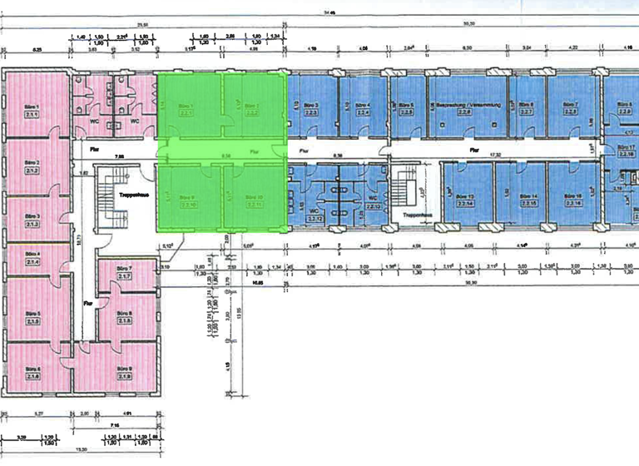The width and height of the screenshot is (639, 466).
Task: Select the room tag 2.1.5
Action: point(33,321)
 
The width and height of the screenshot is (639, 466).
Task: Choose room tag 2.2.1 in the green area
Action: point(186,113)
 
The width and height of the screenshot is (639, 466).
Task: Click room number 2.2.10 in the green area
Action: point(189,205)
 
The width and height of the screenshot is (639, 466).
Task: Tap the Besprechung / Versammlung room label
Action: point(468,106)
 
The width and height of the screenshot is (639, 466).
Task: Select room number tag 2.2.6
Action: point(468,113)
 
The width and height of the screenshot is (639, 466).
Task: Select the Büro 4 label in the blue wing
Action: point(363,106)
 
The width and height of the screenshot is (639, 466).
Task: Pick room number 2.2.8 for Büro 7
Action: point(571,112)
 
